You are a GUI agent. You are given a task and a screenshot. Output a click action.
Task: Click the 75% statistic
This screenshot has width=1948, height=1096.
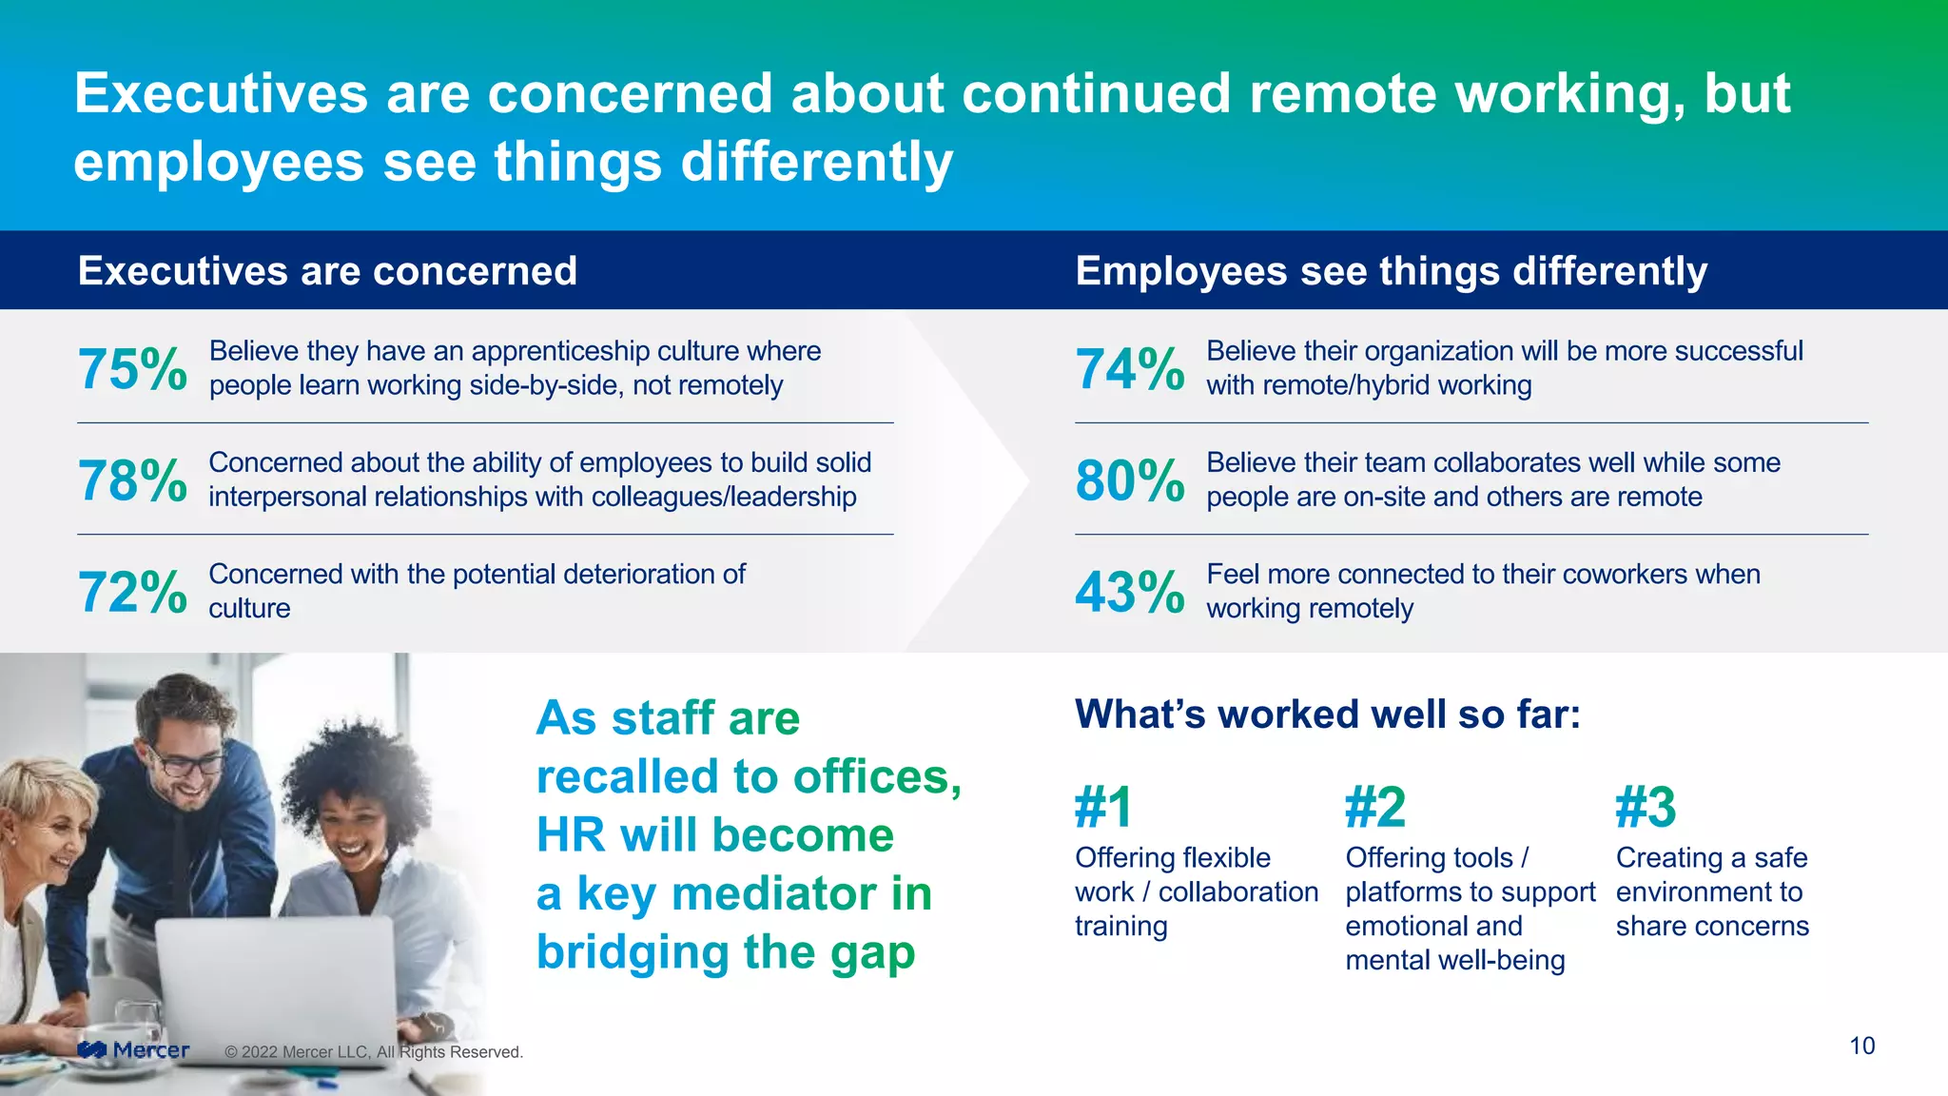click(132, 369)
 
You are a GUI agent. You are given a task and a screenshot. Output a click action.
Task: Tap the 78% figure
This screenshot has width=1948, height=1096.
click(132, 480)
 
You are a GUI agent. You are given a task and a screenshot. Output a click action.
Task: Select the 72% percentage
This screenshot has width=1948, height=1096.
click(132, 592)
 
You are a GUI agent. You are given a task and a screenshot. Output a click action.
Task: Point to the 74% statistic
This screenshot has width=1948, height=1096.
click(1130, 369)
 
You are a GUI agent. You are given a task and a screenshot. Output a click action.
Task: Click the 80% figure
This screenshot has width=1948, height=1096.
click(1130, 480)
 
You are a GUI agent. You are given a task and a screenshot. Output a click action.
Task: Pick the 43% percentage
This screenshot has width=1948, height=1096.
click(1130, 592)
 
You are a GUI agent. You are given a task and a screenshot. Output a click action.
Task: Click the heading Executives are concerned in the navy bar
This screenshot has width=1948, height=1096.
click(327, 271)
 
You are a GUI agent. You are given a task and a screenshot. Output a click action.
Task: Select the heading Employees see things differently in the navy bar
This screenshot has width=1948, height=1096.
click(1391, 271)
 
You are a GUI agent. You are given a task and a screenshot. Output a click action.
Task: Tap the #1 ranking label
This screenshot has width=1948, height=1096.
click(1103, 808)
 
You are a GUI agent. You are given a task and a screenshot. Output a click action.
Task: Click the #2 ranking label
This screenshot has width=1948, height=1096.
click(1374, 808)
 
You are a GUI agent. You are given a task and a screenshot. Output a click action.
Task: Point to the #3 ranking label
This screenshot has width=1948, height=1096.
click(1646, 808)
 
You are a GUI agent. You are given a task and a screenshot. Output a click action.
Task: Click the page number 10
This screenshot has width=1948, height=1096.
click(1861, 1046)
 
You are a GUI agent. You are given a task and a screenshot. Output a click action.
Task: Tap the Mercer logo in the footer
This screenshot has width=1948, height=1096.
click(133, 1050)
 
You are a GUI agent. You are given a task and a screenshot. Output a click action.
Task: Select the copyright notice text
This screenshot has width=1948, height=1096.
click(374, 1052)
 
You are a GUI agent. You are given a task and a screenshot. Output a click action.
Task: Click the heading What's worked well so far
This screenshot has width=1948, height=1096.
click(1327, 714)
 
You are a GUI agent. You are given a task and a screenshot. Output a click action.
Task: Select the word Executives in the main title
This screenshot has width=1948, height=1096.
click(221, 93)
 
